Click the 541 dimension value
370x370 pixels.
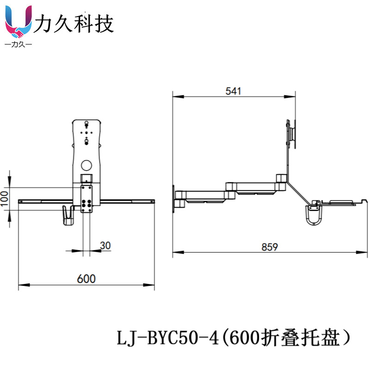pos(233,91)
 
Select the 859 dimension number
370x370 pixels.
pos(270,247)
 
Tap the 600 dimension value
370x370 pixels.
pos(86,279)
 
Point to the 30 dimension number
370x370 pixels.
pos(105,246)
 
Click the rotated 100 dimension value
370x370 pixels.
pos(5,199)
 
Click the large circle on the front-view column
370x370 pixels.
pos(86,166)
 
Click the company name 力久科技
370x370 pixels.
pos(74,24)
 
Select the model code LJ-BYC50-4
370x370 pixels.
pos(167,338)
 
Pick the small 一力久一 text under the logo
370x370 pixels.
pos(18,44)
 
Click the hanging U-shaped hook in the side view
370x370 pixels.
pos(314,215)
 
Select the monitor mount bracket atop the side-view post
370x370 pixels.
pos(291,134)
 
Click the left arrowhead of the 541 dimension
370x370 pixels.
pos(178,97)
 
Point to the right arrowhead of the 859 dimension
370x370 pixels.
pos(362,252)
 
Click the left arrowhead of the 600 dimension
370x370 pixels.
pos(24,285)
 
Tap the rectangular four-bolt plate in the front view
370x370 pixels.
pos(86,199)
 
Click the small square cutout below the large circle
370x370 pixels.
pos(86,178)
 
